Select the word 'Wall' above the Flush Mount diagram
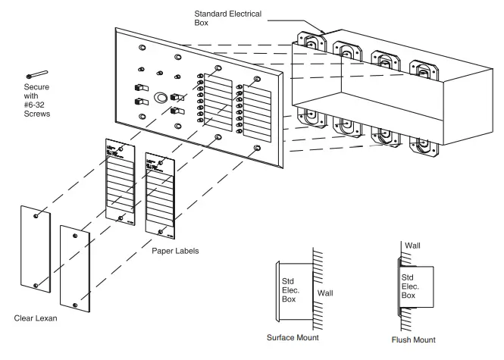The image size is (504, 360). (413, 246)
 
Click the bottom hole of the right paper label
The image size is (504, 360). (160, 231)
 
